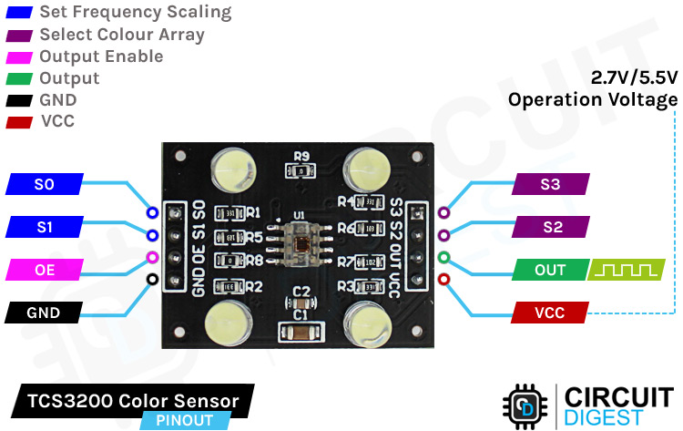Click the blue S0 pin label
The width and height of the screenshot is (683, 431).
click(44, 185)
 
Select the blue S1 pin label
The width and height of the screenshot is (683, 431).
click(44, 226)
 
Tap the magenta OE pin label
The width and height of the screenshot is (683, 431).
click(44, 270)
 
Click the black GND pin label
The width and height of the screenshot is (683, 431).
click(44, 313)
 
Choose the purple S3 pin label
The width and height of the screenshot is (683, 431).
click(550, 185)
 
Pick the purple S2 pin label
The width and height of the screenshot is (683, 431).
click(550, 226)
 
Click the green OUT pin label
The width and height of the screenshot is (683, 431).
click(549, 270)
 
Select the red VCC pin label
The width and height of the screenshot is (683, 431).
click(549, 313)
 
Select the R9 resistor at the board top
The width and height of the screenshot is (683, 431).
click(303, 169)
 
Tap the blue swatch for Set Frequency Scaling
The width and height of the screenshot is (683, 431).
click(19, 14)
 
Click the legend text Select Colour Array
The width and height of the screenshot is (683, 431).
click(122, 35)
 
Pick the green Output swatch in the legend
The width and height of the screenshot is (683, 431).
click(19, 79)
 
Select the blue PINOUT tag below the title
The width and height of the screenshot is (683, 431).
click(183, 420)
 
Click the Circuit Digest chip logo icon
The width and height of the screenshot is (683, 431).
click(525, 406)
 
